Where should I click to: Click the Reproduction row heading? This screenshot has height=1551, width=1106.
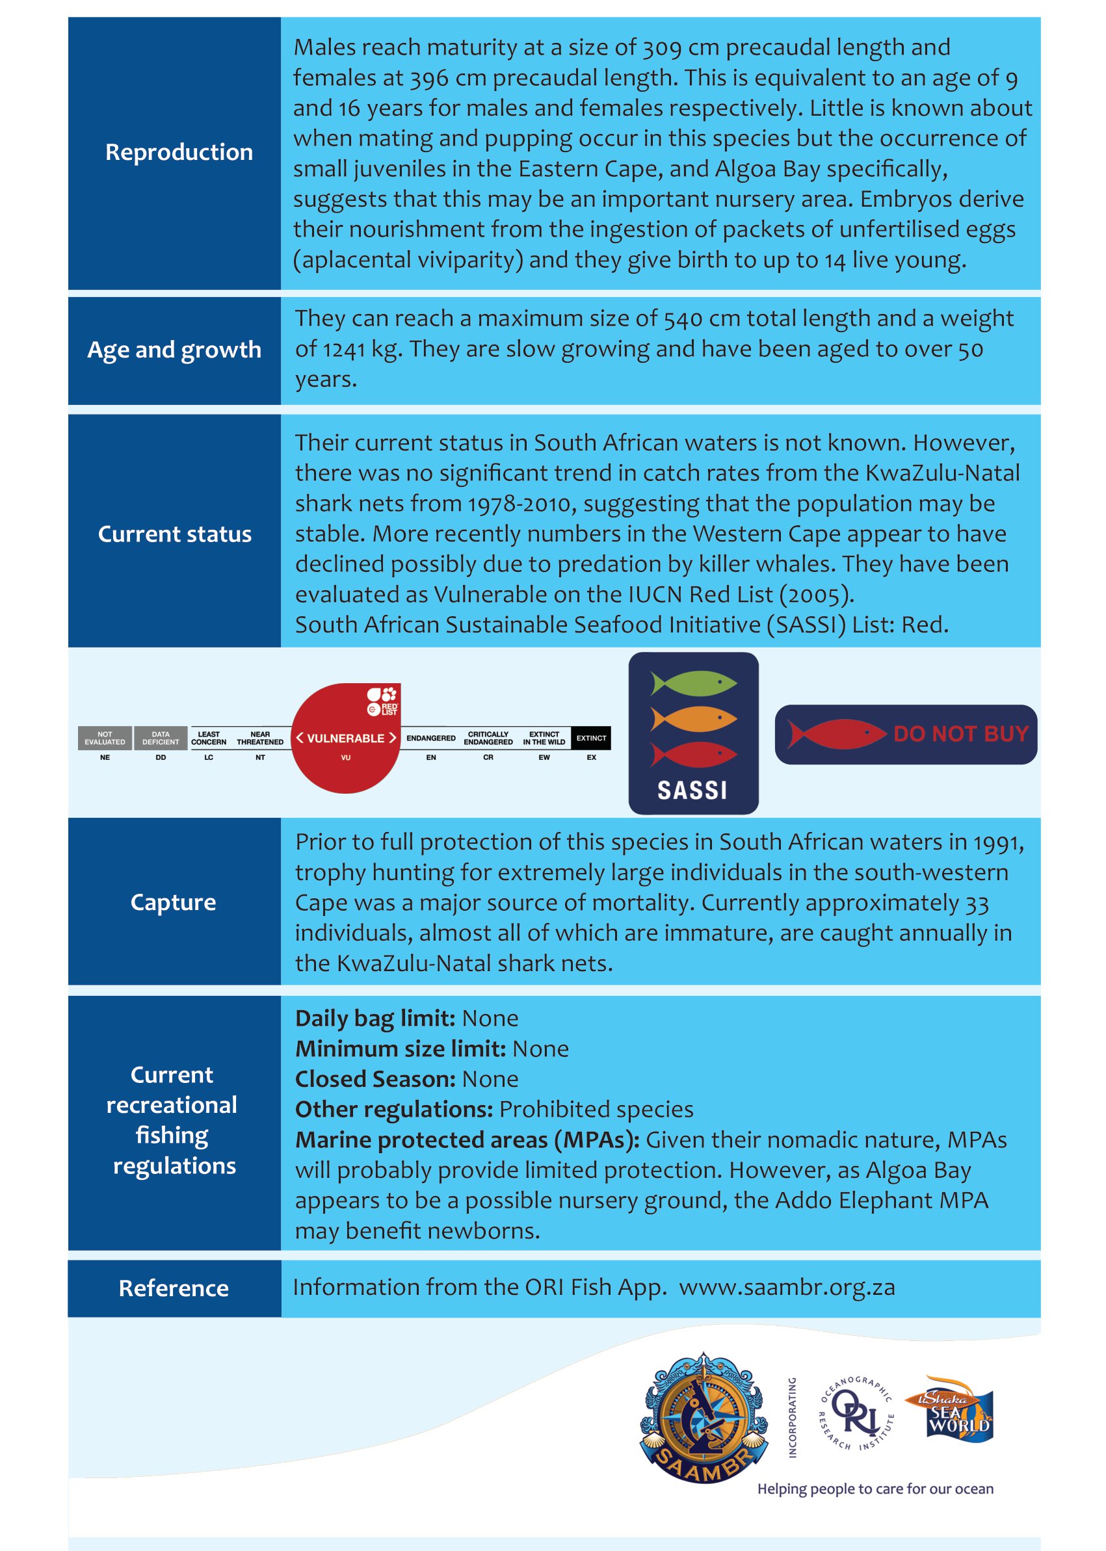tap(178, 152)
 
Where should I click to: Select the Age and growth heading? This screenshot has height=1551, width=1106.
tap(174, 349)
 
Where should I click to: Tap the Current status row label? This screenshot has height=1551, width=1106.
tap(174, 534)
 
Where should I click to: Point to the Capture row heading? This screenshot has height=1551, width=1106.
tap(173, 902)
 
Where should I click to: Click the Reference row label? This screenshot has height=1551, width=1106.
tap(174, 1288)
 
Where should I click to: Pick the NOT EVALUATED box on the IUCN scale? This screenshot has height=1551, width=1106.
tap(105, 738)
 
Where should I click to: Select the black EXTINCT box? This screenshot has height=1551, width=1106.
tap(590, 738)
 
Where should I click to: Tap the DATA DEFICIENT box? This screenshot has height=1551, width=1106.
tap(161, 738)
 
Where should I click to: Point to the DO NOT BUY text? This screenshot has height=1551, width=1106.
tap(960, 734)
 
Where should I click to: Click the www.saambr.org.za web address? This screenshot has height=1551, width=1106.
tap(787, 1288)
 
